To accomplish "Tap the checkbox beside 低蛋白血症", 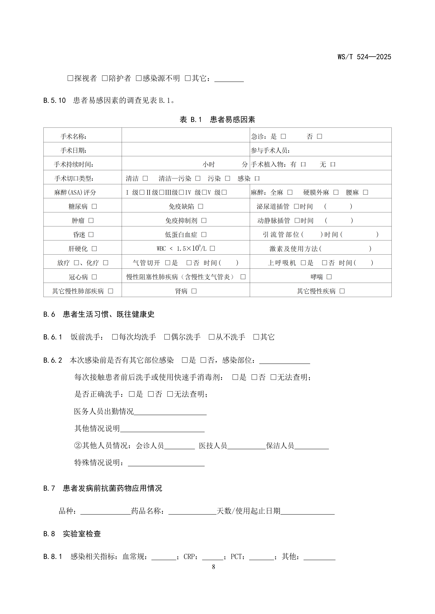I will pos(204,235).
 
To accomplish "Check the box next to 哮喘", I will pos(329,277).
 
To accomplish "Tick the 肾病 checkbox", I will pos(194,291).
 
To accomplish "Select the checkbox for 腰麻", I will pos(366,192).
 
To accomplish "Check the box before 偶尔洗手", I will pos(167,337).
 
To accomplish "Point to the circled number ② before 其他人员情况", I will pos(78,446).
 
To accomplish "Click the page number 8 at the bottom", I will pos(213,567).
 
